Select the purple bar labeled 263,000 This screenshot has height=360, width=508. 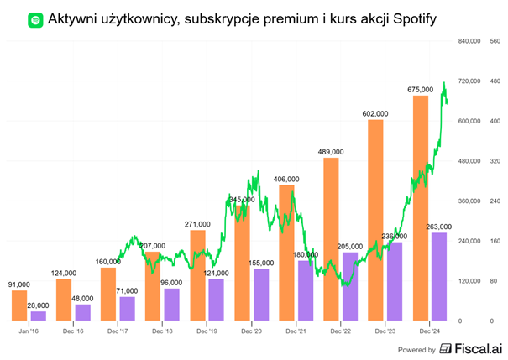(439, 276)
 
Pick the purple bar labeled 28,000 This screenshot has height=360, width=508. (38, 316)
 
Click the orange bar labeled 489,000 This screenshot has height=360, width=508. (331, 239)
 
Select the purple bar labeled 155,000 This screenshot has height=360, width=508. (261, 294)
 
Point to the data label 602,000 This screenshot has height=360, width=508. (374, 113)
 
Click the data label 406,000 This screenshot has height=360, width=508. (286, 179)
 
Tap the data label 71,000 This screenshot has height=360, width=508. (128, 290)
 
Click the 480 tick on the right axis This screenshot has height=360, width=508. (495, 81)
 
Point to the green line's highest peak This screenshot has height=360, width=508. (444, 83)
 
